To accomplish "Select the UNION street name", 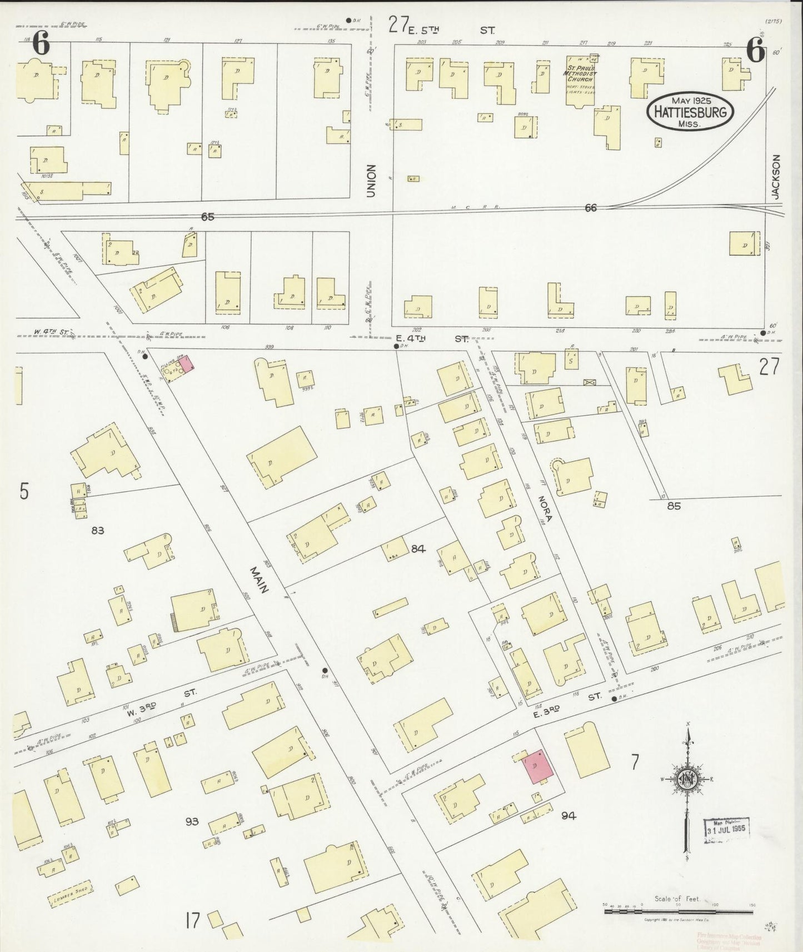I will tap(371, 181).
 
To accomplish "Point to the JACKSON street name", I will tap(776, 177).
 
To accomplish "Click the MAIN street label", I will tap(258, 580).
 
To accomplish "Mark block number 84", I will tap(418, 549).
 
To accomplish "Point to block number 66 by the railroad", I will tap(591, 207).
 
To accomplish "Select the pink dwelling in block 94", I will tap(537, 767).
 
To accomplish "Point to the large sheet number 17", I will tap(193, 921).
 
